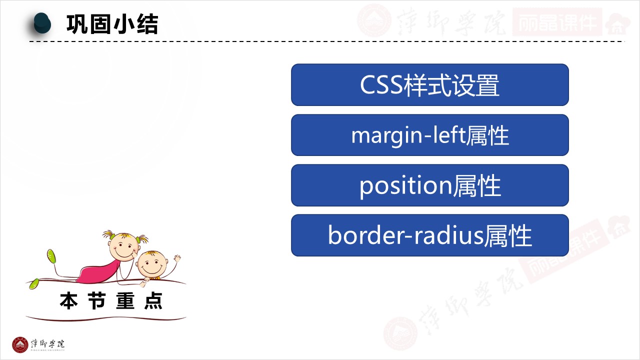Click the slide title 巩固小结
click(x=112, y=24)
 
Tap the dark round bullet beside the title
click(x=42, y=23)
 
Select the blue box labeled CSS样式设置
click(x=429, y=85)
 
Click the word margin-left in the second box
click(x=408, y=135)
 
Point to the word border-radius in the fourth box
click(x=405, y=235)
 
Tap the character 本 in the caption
click(x=68, y=301)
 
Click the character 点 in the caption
click(x=153, y=301)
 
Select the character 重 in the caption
click(x=125, y=301)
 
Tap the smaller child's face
click(x=151, y=265)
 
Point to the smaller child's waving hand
click(x=177, y=258)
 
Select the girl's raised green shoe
click(x=51, y=256)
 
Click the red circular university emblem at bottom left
click(x=20, y=345)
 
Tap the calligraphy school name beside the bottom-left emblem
click(x=47, y=344)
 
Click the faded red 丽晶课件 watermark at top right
click(x=557, y=22)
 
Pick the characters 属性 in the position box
click(x=477, y=186)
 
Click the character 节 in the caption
click(x=97, y=301)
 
